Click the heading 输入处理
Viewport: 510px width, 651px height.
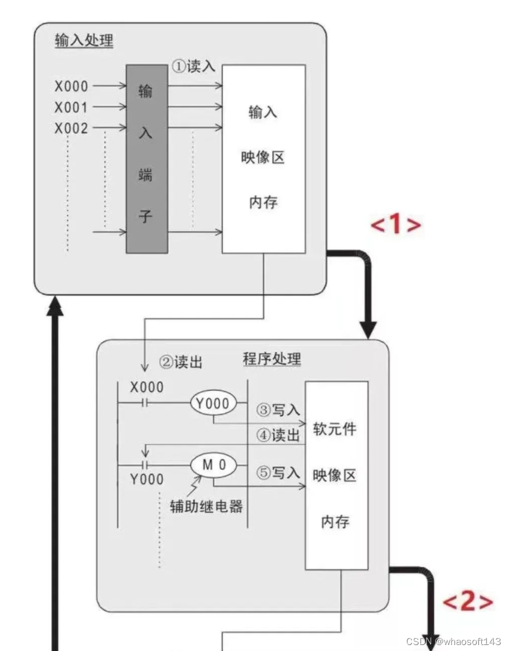[x=84, y=41]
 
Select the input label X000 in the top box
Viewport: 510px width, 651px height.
[x=71, y=87]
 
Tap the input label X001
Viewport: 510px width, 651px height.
[x=71, y=108]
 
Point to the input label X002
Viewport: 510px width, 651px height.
[x=71, y=128]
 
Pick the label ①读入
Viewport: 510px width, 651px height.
[x=193, y=66]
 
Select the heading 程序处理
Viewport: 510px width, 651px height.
[x=272, y=359]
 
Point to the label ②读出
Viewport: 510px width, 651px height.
[x=181, y=362]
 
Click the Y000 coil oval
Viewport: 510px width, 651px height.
[x=213, y=404]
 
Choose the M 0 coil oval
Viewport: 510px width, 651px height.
[x=213, y=466]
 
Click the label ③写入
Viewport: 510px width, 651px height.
[x=278, y=410]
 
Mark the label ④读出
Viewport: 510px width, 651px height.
[x=278, y=435]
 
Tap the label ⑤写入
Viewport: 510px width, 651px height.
[x=278, y=473]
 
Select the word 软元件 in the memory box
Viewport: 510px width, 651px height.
[x=335, y=429]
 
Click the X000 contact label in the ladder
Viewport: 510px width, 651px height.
[x=147, y=387]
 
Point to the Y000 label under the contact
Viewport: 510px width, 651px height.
[x=147, y=479]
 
